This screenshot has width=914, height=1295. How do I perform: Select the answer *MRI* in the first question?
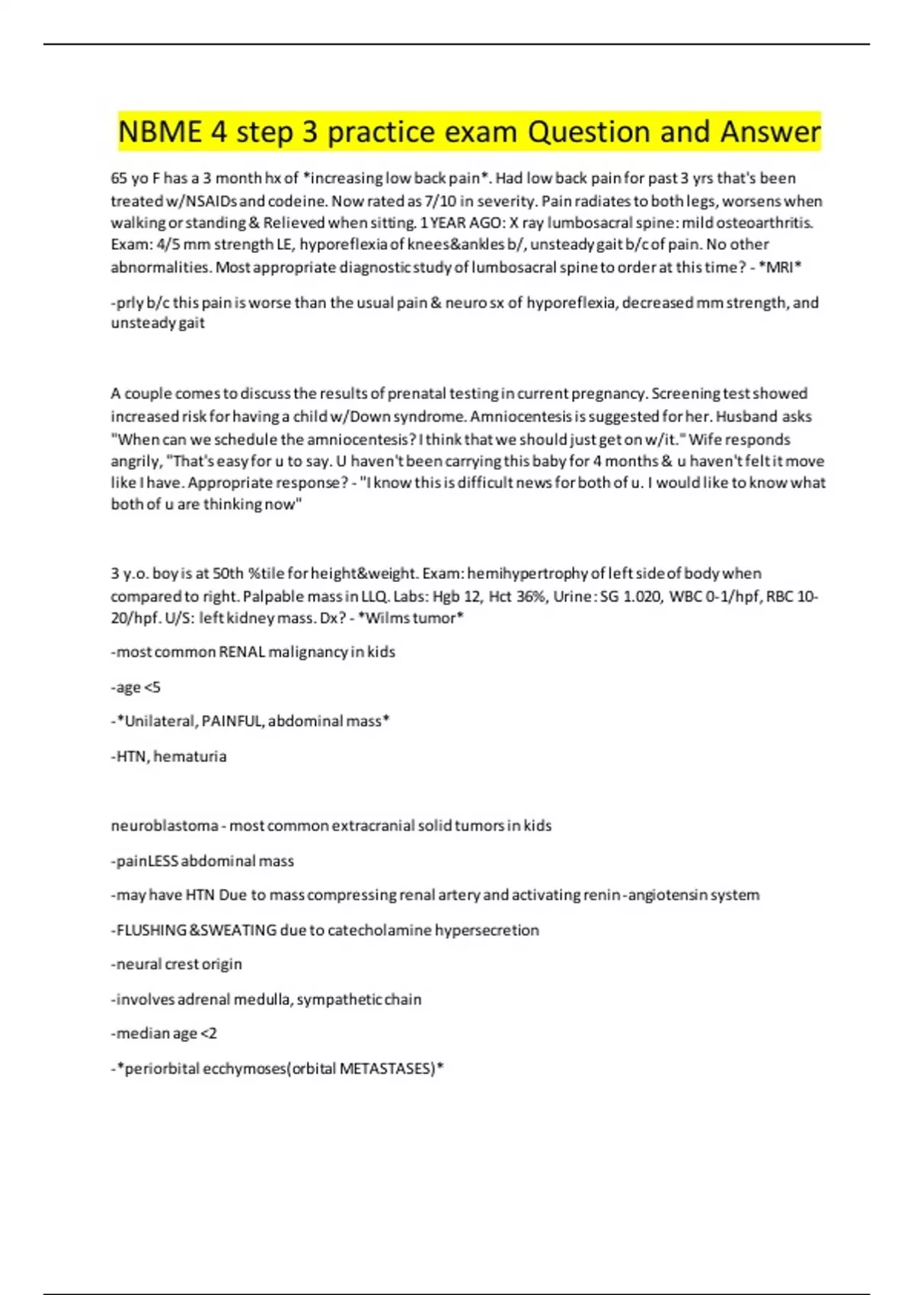(780, 267)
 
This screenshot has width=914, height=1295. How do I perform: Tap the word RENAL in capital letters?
(242, 652)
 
